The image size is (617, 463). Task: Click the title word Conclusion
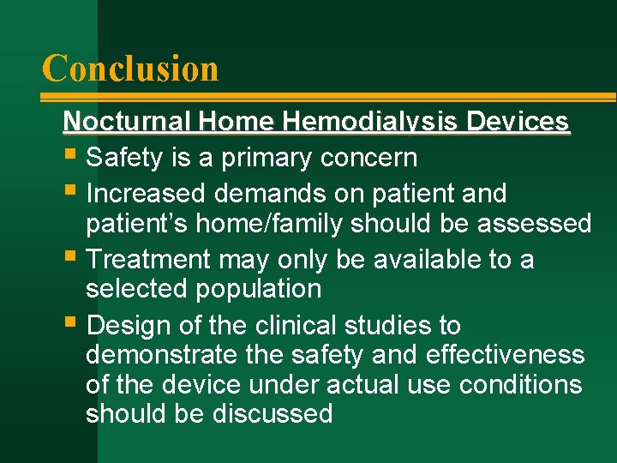point(130,68)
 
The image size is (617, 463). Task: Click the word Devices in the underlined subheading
point(518,122)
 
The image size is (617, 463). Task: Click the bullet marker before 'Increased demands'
point(70,193)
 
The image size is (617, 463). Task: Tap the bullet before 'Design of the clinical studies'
point(70,325)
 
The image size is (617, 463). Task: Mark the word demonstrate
point(156,355)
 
